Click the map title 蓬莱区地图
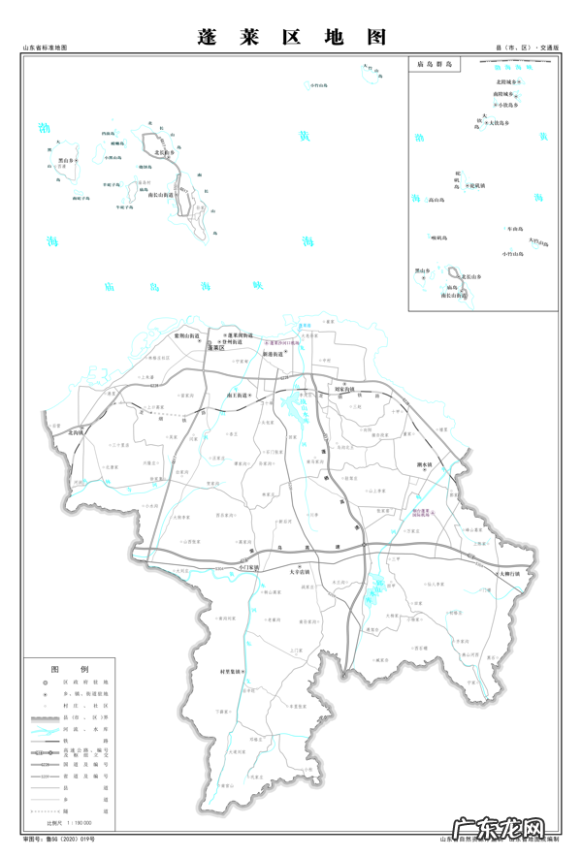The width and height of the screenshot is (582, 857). [x=290, y=37]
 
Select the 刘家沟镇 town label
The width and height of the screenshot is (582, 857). [x=346, y=388]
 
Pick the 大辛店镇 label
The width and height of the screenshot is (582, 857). [x=301, y=573]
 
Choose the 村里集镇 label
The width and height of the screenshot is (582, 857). [x=231, y=671]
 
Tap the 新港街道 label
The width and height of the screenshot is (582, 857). [x=272, y=355]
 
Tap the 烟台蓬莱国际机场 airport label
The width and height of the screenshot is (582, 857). [x=427, y=508]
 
